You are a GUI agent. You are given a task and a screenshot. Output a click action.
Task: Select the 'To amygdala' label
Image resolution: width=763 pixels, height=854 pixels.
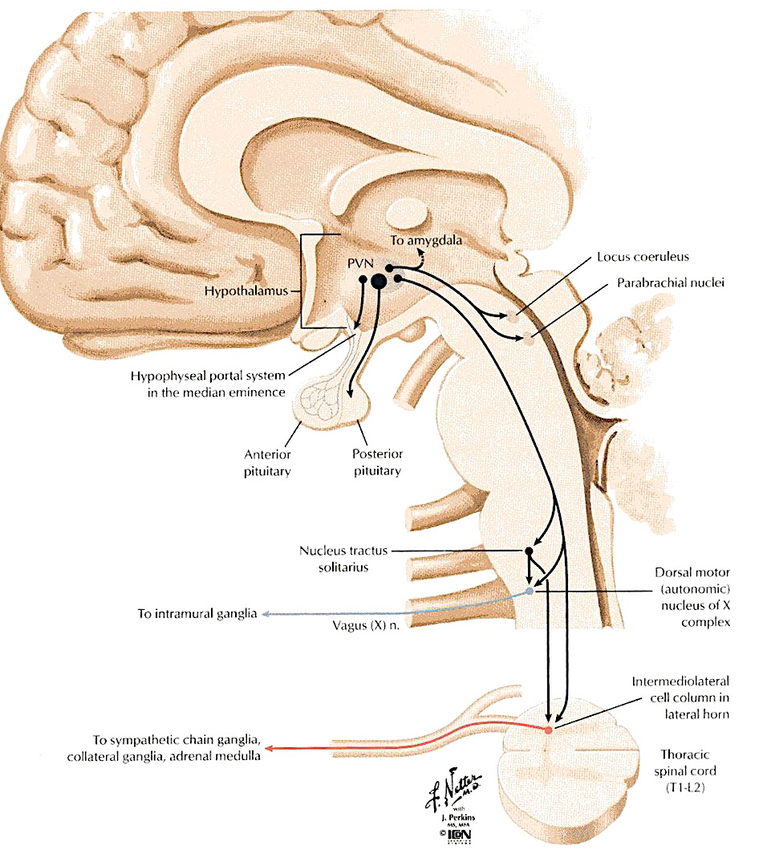[427, 240]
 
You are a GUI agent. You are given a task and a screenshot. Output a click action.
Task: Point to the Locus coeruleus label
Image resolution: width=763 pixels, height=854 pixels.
[643, 258]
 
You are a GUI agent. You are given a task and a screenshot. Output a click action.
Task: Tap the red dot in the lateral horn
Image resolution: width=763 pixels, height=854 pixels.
[549, 730]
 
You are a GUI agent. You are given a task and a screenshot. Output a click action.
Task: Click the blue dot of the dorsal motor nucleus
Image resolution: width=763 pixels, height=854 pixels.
[529, 592]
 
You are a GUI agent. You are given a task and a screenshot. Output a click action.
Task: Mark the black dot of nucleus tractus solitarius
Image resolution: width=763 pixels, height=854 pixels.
[529, 552]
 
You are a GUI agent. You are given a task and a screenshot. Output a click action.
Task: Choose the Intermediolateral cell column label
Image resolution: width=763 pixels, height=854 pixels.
[680, 699]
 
